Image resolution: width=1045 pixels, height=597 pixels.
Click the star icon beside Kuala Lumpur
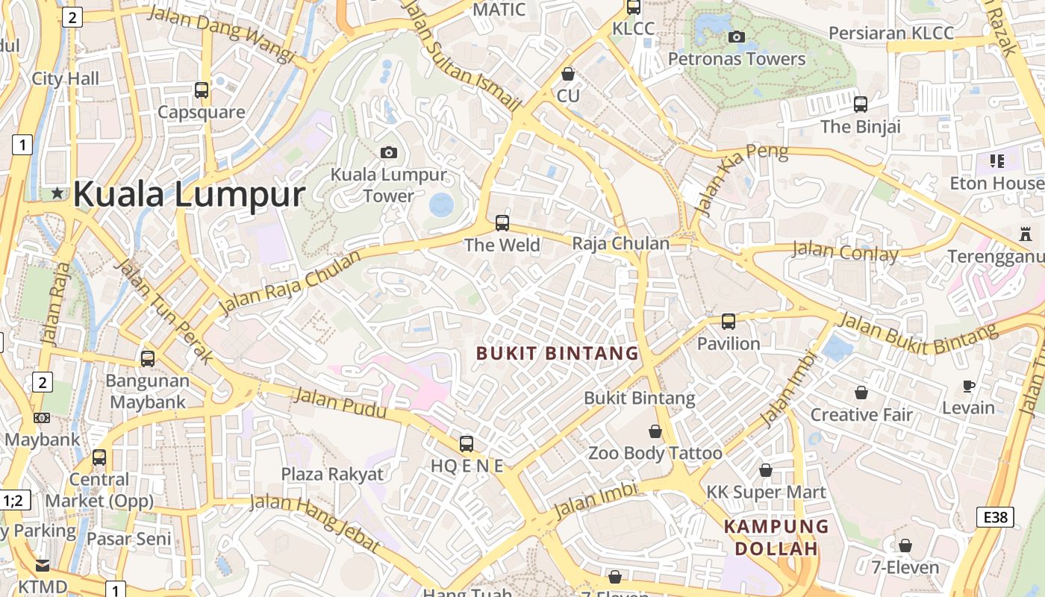click(x=57, y=193)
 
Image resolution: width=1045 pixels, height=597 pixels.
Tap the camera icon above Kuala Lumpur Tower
click(x=389, y=152)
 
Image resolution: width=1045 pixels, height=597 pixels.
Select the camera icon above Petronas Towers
click(x=737, y=37)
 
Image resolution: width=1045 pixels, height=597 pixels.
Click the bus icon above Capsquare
click(x=202, y=90)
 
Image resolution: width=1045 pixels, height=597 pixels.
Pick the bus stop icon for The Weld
click(x=502, y=223)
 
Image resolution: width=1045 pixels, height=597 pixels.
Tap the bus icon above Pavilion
click(x=729, y=322)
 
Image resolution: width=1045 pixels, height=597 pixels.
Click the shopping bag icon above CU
click(x=568, y=74)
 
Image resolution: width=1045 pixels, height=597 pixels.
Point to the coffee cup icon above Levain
click(x=969, y=386)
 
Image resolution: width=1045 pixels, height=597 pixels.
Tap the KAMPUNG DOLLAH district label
click(x=776, y=537)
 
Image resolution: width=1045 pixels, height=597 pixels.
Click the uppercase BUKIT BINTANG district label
click(x=558, y=353)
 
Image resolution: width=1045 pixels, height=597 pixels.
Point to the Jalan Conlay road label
click(x=845, y=251)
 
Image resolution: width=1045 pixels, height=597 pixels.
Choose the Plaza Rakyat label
click(x=332, y=474)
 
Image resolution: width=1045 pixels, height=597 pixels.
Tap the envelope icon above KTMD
click(x=43, y=565)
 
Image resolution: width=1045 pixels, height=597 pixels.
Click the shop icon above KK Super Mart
click(x=766, y=470)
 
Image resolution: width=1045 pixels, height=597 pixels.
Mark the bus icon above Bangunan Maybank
click(x=148, y=359)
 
